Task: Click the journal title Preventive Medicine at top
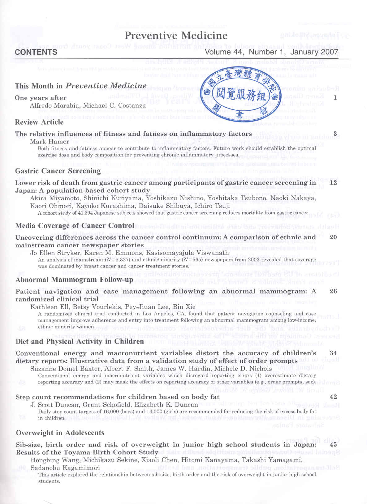click(176, 36)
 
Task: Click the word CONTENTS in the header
click(36, 52)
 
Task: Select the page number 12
click(333, 182)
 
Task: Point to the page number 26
click(333, 291)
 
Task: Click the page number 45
click(333, 444)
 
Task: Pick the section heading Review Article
click(39, 122)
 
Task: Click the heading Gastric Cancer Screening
click(58, 171)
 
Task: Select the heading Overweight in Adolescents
click(60, 433)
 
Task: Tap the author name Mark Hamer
click(50, 142)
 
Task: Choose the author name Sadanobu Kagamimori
click(65, 468)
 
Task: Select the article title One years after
click(41, 98)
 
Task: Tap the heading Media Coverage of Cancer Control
click(75, 226)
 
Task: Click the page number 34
click(333, 353)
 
